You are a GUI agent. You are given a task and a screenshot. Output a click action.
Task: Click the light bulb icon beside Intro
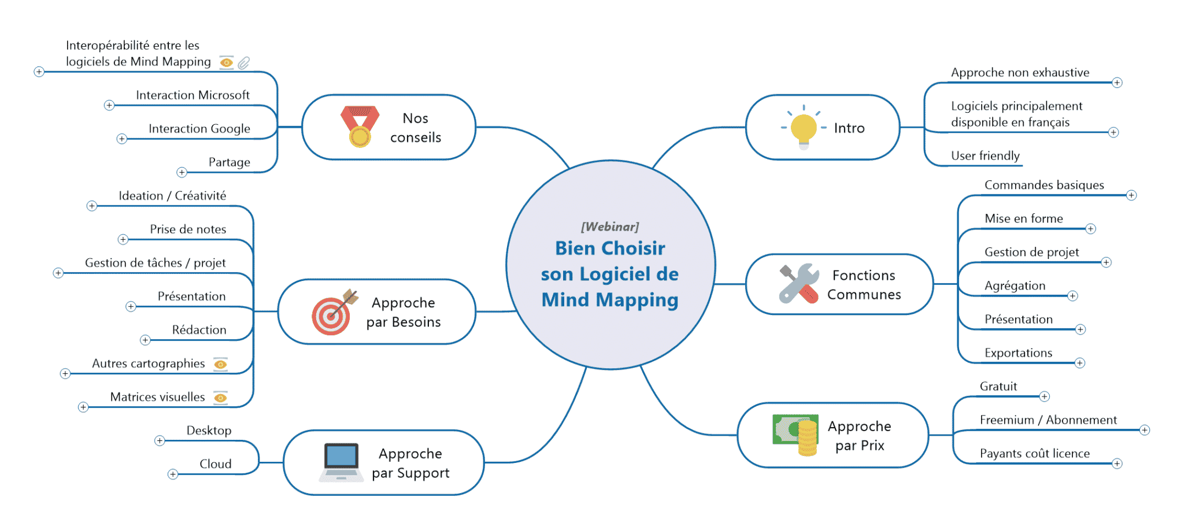click(804, 128)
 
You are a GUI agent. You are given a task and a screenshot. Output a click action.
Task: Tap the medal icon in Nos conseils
click(360, 127)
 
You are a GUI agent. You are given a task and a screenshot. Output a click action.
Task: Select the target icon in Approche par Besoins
click(332, 314)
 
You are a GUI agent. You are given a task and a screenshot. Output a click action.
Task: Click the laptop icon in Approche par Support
click(341, 462)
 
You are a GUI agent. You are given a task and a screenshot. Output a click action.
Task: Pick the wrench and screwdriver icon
click(799, 283)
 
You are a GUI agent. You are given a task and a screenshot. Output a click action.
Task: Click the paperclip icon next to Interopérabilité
click(244, 62)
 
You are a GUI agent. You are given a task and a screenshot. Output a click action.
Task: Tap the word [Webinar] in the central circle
click(610, 227)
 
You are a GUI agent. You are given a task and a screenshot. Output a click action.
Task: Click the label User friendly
click(985, 155)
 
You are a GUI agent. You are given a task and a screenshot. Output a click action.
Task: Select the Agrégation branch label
click(1015, 286)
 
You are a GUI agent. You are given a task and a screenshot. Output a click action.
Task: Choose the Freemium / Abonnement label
click(1048, 420)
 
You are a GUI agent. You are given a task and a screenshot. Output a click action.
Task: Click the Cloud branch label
click(215, 464)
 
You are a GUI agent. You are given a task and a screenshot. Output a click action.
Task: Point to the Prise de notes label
click(188, 229)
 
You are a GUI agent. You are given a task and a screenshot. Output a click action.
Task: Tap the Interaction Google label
click(199, 129)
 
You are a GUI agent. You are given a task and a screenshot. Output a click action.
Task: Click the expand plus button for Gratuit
click(1044, 396)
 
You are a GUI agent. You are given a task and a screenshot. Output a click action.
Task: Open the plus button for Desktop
click(160, 441)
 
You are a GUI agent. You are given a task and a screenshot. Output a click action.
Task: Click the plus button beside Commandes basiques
click(1131, 195)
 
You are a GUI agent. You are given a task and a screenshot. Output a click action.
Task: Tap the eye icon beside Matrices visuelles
click(220, 398)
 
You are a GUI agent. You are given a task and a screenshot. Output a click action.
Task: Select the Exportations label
click(1018, 353)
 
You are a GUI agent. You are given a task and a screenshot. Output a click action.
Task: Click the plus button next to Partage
click(182, 172)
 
